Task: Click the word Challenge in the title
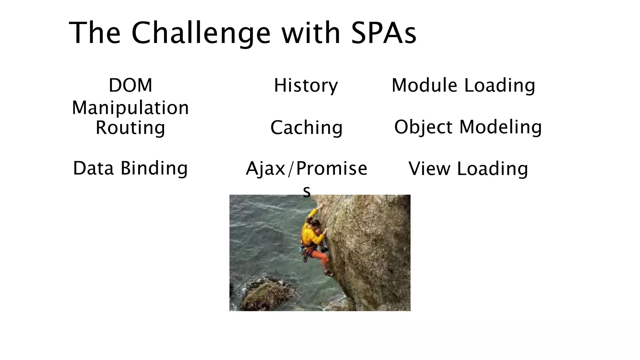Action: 201,33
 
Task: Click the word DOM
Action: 130,85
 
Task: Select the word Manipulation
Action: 130,108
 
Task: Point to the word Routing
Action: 130,127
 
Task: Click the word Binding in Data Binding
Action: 154,168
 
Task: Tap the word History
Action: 306,85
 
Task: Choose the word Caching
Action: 306,127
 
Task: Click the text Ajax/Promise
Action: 306,169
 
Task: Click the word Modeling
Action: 500,127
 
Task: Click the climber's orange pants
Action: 322,258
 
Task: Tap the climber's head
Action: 314,223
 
